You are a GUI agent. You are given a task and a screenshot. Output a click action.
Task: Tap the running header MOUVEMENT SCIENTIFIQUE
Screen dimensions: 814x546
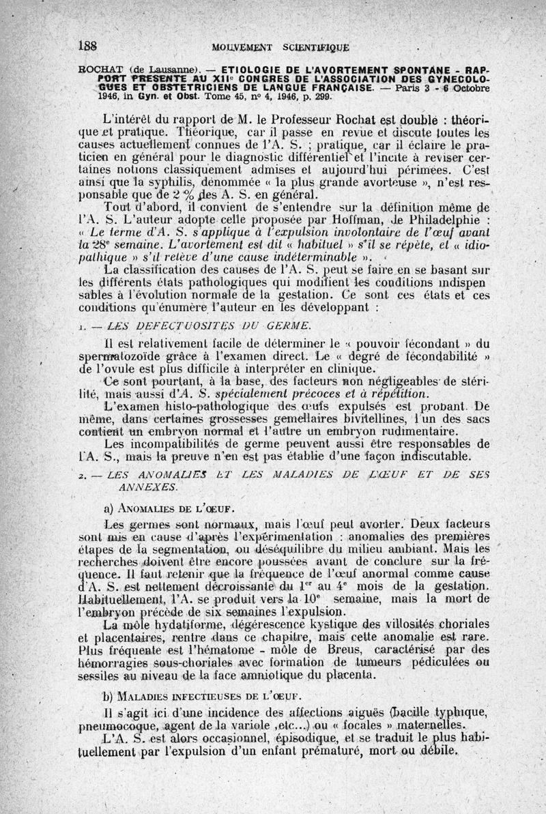pos(281,47)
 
